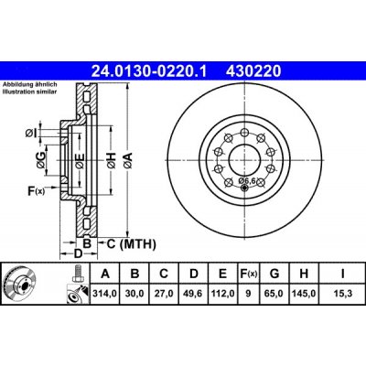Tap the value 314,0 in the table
point(107,293)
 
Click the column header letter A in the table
point(107,274)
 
